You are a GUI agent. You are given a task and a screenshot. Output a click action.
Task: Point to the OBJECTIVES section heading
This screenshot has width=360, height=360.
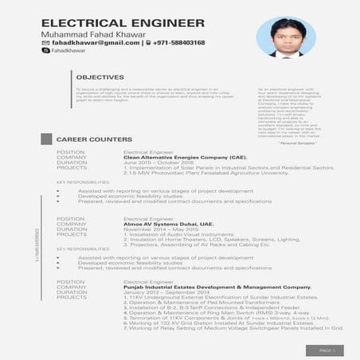(x=100, y=77)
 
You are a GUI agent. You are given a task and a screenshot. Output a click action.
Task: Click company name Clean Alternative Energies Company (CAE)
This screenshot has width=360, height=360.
(x=180, y=157)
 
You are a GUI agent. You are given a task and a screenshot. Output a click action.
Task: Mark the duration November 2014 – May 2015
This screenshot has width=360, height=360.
(x=158, y=229)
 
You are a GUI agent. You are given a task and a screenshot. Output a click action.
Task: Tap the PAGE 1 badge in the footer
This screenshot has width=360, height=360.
(x=329, y=349)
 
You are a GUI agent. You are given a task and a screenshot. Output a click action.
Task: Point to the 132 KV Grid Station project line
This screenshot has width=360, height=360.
(x=211, y=323)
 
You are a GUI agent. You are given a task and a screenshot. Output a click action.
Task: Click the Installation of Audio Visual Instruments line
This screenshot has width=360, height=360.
(x=175, y=234)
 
